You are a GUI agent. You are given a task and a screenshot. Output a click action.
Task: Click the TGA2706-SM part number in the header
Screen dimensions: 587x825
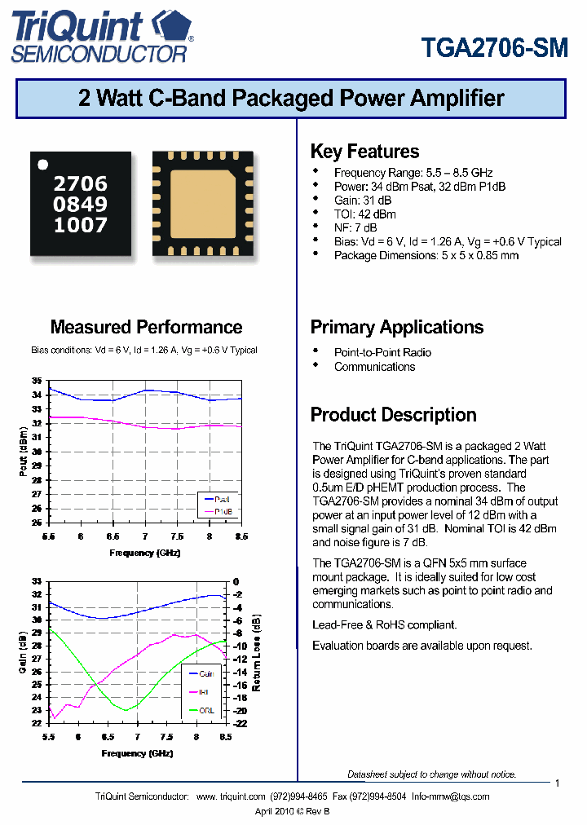[495, 48]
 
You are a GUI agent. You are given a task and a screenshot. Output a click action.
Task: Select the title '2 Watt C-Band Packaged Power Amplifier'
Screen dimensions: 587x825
[292, 99]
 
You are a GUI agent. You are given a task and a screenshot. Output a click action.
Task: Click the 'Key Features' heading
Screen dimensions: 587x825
[364, 152]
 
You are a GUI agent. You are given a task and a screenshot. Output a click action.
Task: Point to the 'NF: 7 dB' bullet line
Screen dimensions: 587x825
[355, 227]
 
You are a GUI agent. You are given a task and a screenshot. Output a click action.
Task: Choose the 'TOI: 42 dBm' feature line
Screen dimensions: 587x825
[364, 214]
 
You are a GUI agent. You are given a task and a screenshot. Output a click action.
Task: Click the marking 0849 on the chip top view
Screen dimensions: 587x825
[80, 205]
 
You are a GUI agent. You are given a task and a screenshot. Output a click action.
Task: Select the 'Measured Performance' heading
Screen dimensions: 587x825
[146, 327]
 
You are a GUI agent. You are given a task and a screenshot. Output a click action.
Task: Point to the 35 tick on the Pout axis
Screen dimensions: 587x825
[37, 381]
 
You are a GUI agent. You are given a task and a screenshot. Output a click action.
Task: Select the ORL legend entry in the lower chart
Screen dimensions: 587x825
[208, 710]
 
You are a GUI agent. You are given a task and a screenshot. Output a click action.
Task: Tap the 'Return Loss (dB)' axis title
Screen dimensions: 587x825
[258, 652]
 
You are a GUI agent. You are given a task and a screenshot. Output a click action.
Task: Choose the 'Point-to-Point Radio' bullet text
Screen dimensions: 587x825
[382, 352]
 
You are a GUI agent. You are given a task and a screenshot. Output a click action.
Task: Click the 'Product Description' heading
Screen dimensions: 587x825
[393, 414]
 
